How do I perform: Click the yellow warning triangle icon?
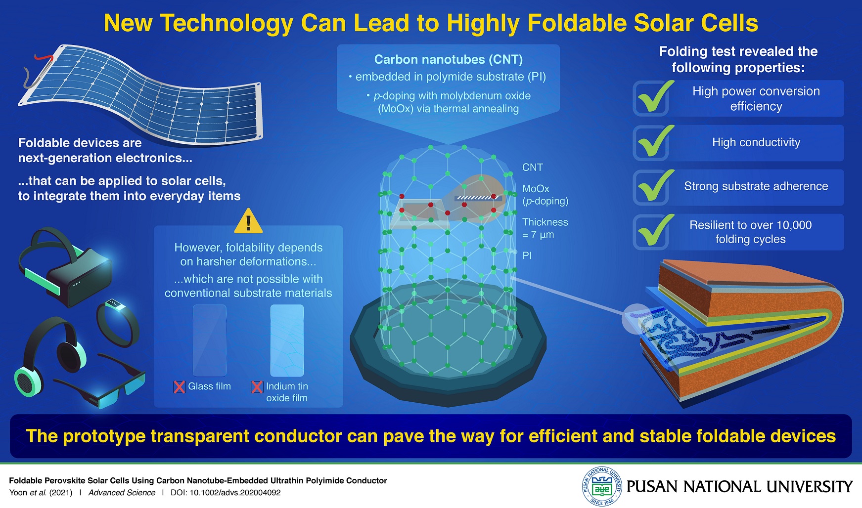pyautogui.click(x=248, y=222)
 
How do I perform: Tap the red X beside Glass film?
pyautogui.click(x=179, y=387)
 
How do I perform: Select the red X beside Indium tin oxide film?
pyautogui.click(x=257, y=387)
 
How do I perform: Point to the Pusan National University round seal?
pyautogui.click(x=601, y=487)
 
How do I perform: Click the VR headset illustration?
pyautogui.click(x=64, y=267)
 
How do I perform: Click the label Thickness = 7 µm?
pyautogui.click(x=545, y=228)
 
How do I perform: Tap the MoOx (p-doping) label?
pyautogui.click(x=545, y=195)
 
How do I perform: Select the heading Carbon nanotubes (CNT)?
pyautogui.click(x=448, y=60)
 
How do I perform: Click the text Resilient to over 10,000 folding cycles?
pyautogui.click(x=750, y=232)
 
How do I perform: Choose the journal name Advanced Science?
pyautogui.click(x=122, y=493)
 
